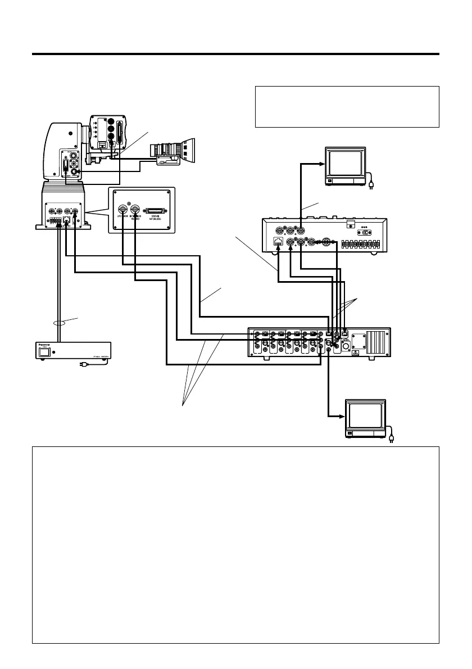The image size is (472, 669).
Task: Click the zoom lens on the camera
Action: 174,151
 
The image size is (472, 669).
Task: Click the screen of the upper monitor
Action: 345,162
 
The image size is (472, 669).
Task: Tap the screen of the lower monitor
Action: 365,415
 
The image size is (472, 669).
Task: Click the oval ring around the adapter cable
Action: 57,323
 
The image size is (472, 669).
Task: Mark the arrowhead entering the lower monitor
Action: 340,417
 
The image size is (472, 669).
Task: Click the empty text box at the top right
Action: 347,107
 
